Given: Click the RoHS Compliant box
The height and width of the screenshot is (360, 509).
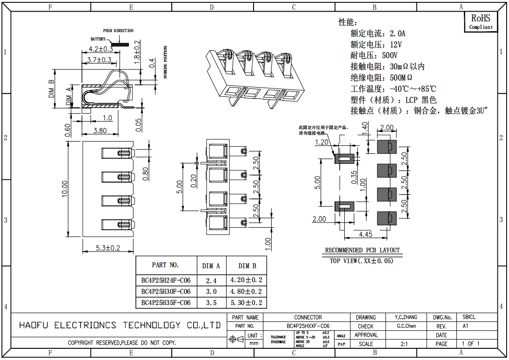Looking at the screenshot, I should [481, 21].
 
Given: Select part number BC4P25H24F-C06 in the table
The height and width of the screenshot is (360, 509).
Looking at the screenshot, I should [166, 280].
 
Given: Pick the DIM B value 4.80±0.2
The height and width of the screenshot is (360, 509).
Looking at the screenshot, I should [246, 292].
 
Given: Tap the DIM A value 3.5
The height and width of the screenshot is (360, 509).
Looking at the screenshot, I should [211, 303].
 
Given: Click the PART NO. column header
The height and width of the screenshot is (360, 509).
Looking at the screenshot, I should [165, 265].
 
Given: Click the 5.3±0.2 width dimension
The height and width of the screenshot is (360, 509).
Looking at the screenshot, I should [107, 248].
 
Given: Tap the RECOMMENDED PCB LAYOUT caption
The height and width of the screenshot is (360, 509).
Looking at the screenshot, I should [362, 250].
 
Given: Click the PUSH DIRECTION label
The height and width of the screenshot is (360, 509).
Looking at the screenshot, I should [118, 31].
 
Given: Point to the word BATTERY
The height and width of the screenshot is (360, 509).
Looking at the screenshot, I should [98, 39].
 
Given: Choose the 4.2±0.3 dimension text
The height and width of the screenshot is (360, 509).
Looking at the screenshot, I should [100, 48].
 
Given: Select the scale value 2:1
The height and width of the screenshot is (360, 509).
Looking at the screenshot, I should [404, 344].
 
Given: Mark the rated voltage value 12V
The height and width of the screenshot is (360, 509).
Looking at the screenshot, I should [395, 45].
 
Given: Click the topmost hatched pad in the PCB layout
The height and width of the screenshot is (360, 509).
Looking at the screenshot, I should [386, 147].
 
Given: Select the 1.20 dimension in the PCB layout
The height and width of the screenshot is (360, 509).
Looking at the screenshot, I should [322, 143].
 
